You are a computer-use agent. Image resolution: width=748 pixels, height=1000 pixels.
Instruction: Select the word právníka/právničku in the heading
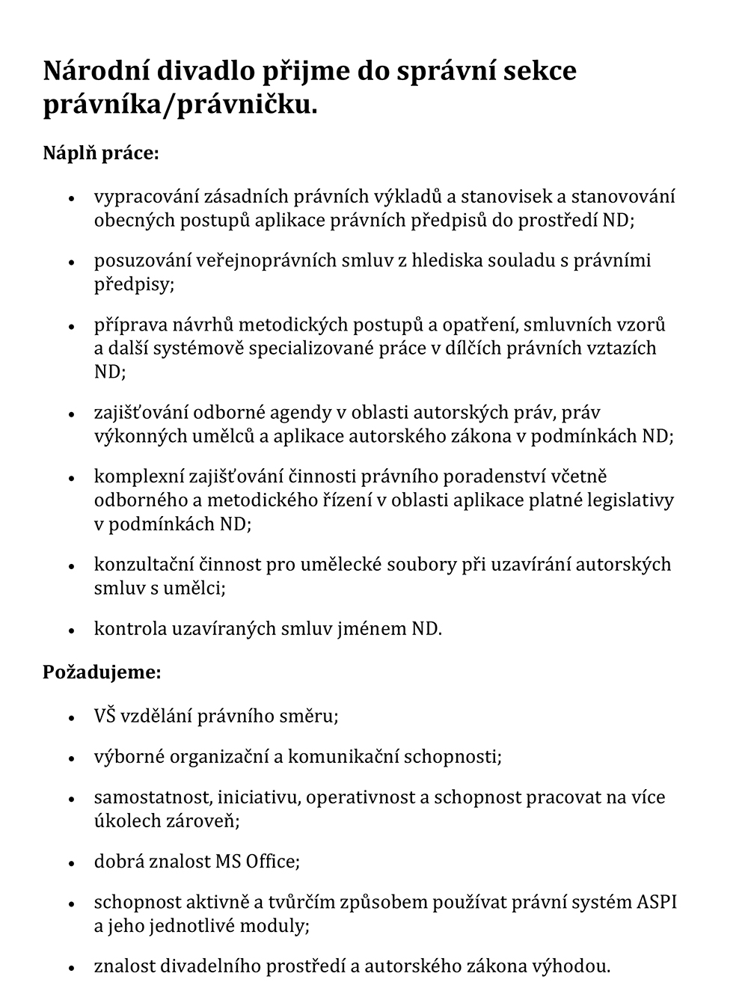click(180, 105)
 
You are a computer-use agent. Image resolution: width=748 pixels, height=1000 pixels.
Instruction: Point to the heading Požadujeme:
click(102, 672)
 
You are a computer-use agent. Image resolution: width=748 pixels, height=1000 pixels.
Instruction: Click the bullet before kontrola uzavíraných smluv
click(72, 631)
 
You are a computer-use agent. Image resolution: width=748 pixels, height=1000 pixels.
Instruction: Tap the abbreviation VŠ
click(105, 716)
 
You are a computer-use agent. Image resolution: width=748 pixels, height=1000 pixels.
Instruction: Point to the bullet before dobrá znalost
click(72, 863)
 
